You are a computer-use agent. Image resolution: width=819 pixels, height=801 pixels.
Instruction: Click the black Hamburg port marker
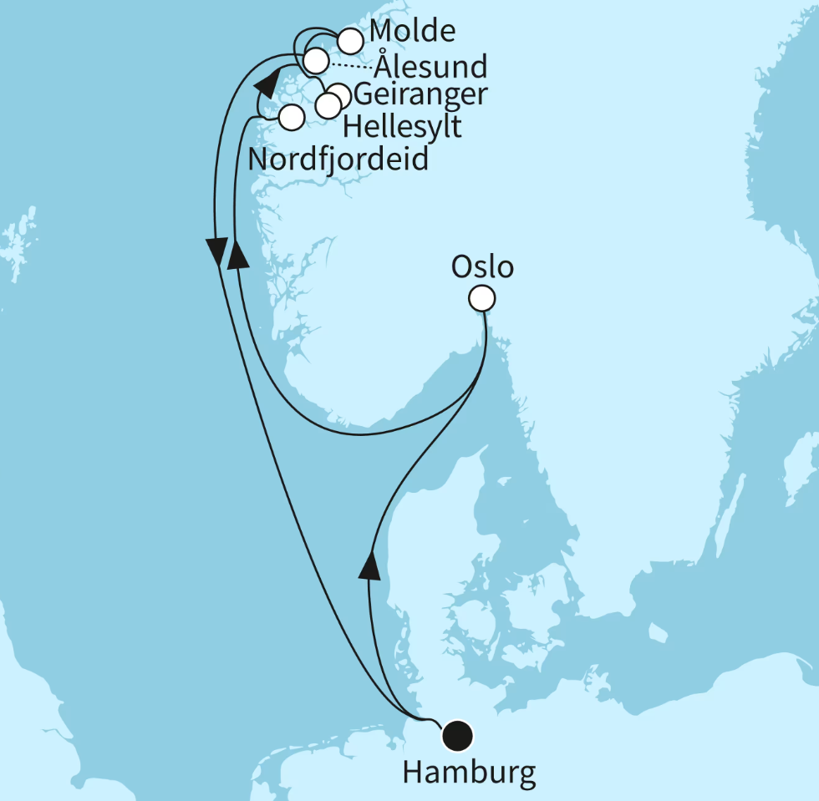pyautogui.click(x=457, y=735)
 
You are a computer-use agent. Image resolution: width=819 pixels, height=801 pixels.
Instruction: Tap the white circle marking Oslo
pyautogui.click(x=482, y=298)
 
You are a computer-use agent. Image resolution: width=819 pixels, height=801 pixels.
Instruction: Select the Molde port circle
pyautogui.click(x=349, y=39)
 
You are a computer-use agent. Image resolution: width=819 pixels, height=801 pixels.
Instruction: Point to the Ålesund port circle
pyautogui.click(x=315, y=60)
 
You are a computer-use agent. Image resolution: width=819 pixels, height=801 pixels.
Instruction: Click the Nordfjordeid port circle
pyautogui.click(x=290, y=118)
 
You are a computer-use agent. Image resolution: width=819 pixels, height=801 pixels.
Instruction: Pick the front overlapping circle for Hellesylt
pyautogui.click(x=328, y=105)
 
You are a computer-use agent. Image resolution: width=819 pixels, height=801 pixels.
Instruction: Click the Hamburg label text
pyautogui.click(x=468, y=772)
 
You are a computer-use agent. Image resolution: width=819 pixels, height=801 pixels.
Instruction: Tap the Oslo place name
pyautogui.click(x=482, y=267)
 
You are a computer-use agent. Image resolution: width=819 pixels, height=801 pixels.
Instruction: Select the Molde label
pyautogui.click(x=413, y=32)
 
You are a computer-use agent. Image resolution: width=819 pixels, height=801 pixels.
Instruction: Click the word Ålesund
pyautogui.click(x=431, y=65)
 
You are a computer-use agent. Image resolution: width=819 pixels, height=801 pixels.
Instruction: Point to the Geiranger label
pyautogui.click(x=420, y=94)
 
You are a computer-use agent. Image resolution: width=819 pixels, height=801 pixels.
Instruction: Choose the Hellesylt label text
pyautogui.click(x=402, y=127)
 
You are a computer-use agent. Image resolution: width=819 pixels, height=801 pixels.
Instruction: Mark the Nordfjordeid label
pyautogui.click(x=338, y=158)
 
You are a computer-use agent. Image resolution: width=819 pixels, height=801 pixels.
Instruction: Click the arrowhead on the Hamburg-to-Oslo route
pyautogui.click(x=369, y=565)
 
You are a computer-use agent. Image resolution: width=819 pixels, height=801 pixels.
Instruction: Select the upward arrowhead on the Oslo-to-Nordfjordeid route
pyautogui.click(x=239, y=253)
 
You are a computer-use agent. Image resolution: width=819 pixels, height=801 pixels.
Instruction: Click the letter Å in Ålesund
pyautogui.click(x=384, y=63)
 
